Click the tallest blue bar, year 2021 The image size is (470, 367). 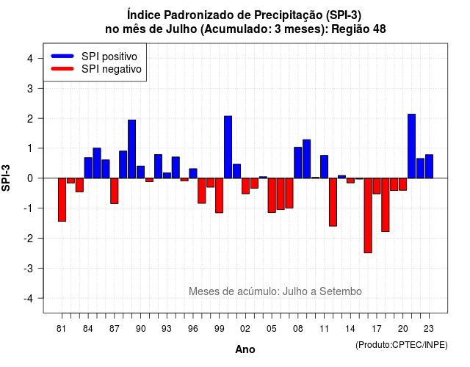click(411, 146)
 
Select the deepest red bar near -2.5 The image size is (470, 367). click(368, 215)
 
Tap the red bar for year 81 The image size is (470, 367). click(62, 200)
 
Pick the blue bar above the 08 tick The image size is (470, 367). click(298, 163)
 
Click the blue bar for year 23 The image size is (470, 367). click(429, 167)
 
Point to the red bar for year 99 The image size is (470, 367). click(219, 195)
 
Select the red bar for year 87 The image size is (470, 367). click(115, 191)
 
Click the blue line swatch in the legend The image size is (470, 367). click(62, 56)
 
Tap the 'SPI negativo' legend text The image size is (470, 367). click(112, 69)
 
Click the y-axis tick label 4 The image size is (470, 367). click(30, 59)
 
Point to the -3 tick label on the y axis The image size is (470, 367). click(29, 268)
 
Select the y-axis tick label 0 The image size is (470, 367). click(30, 178)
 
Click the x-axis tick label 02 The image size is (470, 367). click(245, 329)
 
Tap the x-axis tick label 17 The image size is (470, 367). click(377, 329)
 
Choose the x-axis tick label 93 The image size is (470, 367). click(167, 329)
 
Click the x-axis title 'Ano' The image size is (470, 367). click(245, 349)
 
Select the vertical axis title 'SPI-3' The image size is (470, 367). click(6, 178)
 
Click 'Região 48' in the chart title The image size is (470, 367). click(358, 29)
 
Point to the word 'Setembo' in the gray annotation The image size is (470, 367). click(341, 291)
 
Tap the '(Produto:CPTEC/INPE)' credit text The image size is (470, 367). click(402, 345)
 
